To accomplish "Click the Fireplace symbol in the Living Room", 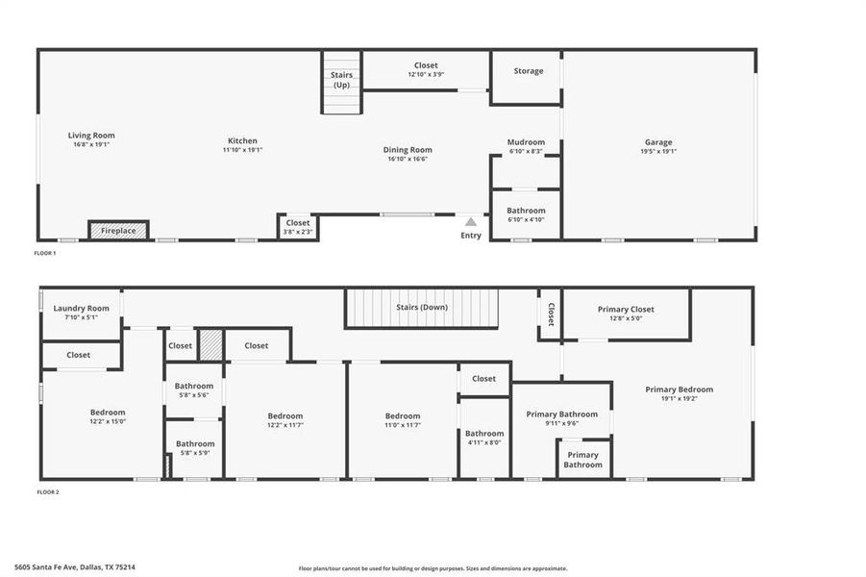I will [x=118, y=231].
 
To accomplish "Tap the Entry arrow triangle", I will [x=471, y=222].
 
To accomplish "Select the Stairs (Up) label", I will [x=341, y=80].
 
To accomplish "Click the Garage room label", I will [x=658, y=142].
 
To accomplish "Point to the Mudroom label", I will [x=526, y=142].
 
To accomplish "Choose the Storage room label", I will [x=528, y=71].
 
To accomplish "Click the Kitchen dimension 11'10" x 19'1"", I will [x=242, y=150].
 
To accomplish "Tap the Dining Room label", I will [x=408, y=150].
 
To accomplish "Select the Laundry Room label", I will [x=81, y=309].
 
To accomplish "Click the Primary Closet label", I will [x=626, y=310].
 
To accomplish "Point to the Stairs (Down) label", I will [x=422, y=308].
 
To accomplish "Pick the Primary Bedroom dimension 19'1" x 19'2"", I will [x=680, y=398].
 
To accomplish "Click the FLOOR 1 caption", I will [x=46, y=253].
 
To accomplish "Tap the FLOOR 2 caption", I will [x=48, y=492].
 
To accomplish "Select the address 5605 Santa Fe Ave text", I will [x=75, y=567].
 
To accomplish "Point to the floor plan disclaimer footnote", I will [x=433, y=568].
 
